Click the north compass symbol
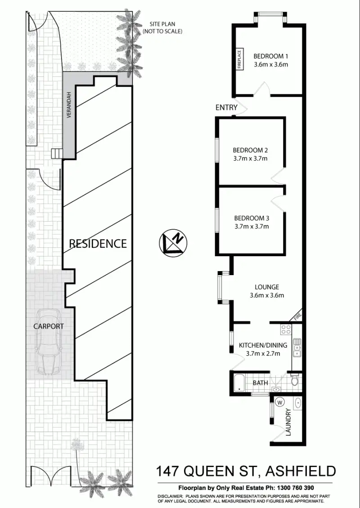tap(174, 242)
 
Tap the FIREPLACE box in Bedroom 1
tap(239, 59)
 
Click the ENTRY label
tap(226, 107)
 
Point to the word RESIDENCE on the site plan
tap(98, 244)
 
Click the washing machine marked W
tap(280, 402)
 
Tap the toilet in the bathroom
tap(295, 381)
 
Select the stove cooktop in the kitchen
tap(286, 330)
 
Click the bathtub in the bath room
tap(239, 383)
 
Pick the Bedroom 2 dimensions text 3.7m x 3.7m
tap(251, 158)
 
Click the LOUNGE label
tap(267, 287)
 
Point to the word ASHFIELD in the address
tap(301, 471)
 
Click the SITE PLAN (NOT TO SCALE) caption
tap(162, 28)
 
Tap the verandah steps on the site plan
tap(56, 154)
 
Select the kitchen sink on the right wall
tap(297, 347)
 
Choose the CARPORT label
tap(49, 326)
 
